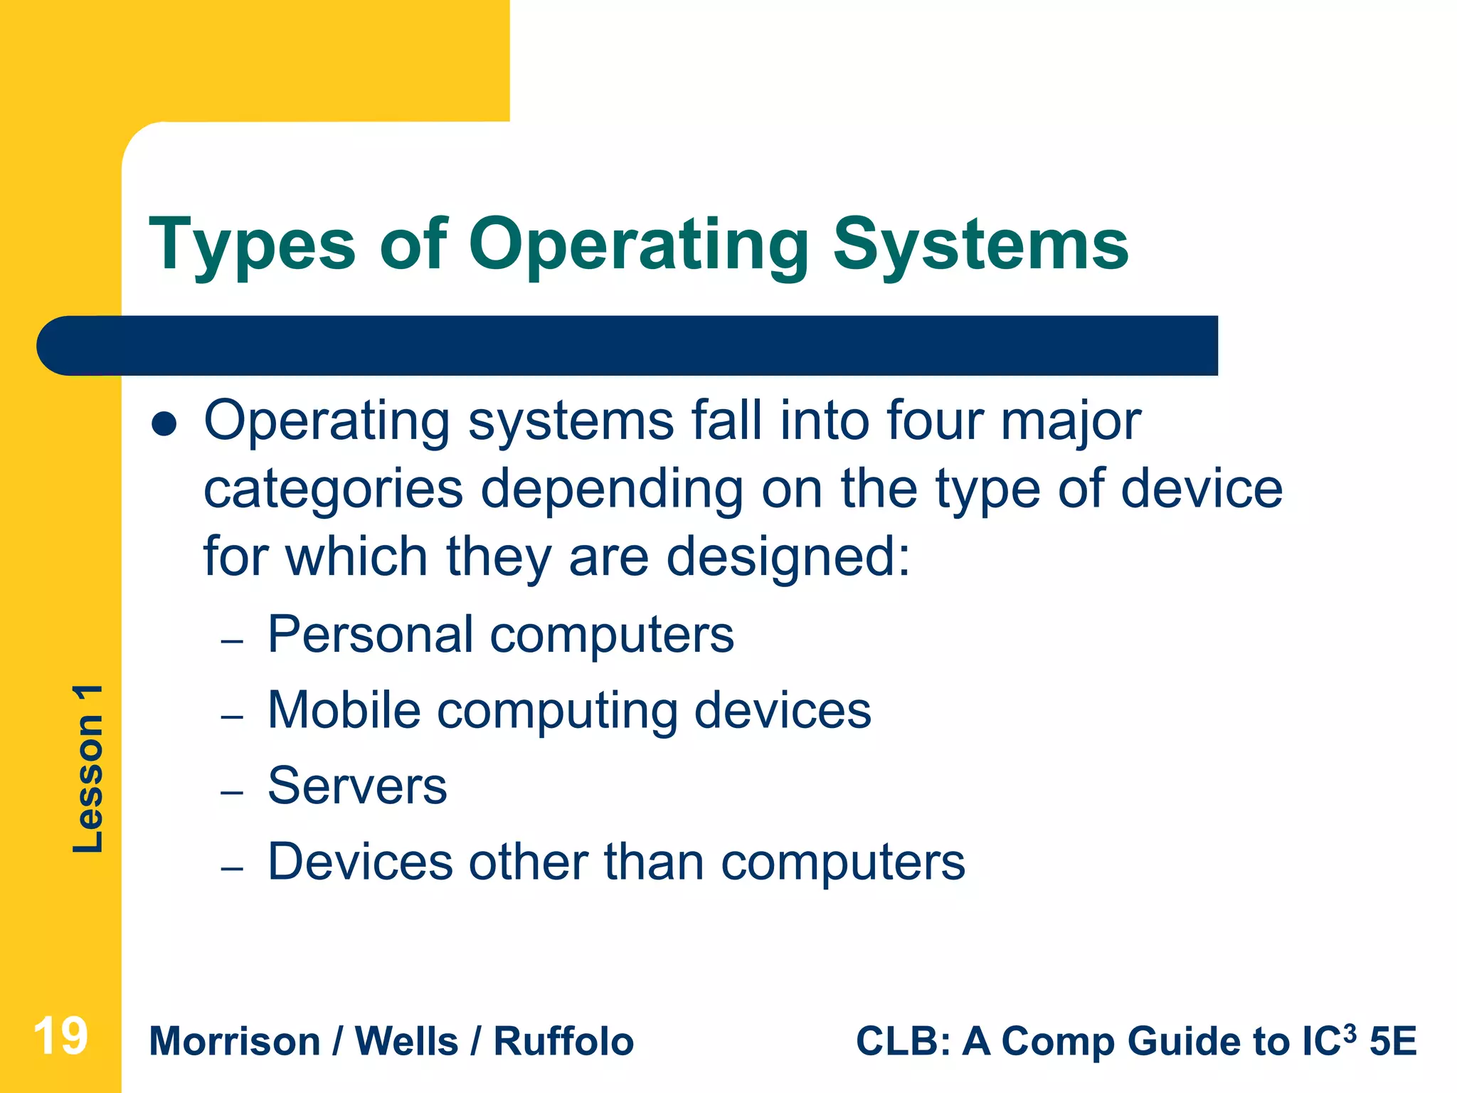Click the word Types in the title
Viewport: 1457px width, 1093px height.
click(253, 245)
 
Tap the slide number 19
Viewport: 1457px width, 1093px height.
click(60, 1037)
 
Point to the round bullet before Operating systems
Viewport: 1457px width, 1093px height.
click(164, 424)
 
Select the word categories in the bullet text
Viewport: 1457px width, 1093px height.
click(334, 490)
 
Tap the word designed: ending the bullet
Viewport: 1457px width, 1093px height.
click(788, 557)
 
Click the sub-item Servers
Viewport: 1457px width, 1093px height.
click(357, 786)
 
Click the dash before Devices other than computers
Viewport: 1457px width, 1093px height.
click(232, 868)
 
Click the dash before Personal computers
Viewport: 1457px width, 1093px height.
click(232, 641)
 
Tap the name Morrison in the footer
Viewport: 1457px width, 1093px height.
click(235, 1042)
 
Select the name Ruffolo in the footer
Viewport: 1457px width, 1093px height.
click(563, 1042)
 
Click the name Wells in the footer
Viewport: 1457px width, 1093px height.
click(406, 1042)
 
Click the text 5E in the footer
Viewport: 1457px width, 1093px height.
click(1394, 1042)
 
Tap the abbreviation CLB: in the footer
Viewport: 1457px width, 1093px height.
click(903, 1042)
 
